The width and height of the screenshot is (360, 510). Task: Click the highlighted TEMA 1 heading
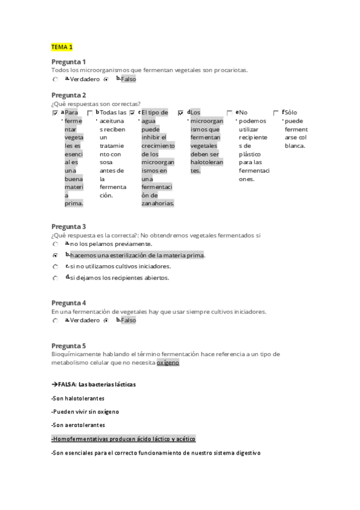click(62, 46)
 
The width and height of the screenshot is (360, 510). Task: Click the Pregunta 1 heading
click(69, 62)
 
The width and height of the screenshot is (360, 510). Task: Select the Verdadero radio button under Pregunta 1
click(55, 79)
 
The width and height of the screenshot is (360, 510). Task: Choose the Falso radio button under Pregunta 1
click(106, 79)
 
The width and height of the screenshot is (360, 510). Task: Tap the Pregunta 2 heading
click(69, 95)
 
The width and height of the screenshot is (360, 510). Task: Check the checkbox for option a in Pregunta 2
click(55, 112)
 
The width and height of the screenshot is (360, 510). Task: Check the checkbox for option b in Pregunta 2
click(90, 112)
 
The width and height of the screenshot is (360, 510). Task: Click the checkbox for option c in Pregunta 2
click(132, 112)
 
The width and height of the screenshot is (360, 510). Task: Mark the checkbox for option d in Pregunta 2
click(181, 112)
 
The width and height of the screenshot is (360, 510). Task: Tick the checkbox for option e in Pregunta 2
click(230, 112)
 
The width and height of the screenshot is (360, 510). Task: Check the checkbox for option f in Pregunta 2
click(276, 112)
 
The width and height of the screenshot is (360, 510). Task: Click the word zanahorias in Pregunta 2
click(157, 203)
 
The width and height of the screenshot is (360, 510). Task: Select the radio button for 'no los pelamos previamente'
click(55, 244)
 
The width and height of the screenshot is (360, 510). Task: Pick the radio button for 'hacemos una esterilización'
click(55, 256)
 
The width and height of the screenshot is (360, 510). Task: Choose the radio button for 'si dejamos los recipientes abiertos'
click(55, 278)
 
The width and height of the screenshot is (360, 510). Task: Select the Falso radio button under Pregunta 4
click(106, 321)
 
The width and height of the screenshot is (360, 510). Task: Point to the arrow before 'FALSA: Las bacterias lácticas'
click(55, 384)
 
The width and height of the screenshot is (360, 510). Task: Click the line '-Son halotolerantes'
click(78, 398)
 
